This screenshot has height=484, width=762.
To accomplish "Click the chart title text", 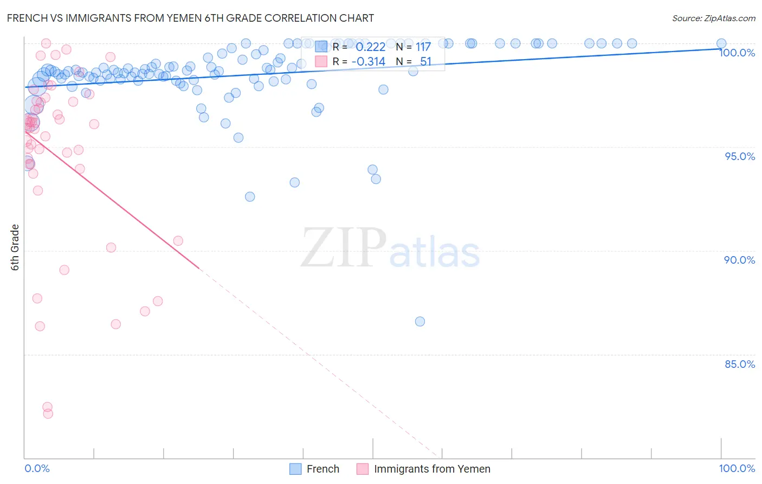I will [190, 18].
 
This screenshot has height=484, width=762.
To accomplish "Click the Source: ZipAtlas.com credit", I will [713, 18].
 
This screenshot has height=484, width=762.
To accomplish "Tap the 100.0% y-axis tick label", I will [737, 53].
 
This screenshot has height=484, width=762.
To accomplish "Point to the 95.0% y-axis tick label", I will [739, 156].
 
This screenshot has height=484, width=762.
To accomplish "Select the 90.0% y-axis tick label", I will [739, 260].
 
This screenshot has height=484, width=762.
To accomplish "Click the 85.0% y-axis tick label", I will [739, 364].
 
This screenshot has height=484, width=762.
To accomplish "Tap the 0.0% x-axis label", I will [37, 468].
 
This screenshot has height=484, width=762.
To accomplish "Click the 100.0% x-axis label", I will [737, 468].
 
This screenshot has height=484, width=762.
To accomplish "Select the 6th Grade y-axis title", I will [15, 247].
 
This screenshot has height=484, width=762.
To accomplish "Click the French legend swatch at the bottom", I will [295, 469].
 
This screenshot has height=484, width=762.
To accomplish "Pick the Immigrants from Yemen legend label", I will [432, 469].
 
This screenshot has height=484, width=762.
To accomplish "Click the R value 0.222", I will [370, 47].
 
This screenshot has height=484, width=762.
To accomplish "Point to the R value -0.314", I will [368, 62].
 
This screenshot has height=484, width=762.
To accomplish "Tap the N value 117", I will [423, 47].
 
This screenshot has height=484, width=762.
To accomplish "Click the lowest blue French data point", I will [420, 322].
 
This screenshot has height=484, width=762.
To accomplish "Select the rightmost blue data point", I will [721, 43].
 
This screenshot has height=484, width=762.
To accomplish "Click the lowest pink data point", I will [48, 413].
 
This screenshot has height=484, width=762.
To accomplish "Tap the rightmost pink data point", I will [178, 241].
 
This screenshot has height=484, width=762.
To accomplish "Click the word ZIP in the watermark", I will [344, 248].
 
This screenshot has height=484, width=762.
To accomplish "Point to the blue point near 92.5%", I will [250, 197].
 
